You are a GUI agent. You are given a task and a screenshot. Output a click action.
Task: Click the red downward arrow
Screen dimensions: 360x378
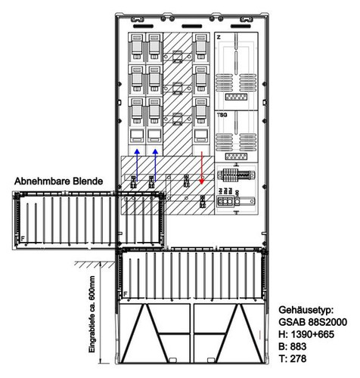(202, 168)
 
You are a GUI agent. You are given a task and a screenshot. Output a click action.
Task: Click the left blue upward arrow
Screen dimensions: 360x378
(137, 165)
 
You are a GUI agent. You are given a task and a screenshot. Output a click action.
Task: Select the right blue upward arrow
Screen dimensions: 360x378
(155, 165)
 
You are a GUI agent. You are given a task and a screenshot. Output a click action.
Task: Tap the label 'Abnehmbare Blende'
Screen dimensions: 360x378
(58, 181)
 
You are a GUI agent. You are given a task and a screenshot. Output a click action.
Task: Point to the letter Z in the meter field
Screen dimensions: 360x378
(219, 37)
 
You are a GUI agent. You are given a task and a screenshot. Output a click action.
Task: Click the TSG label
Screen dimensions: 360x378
(222, 115)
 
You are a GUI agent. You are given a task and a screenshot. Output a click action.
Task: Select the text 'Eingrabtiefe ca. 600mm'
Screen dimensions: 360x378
(92, 314)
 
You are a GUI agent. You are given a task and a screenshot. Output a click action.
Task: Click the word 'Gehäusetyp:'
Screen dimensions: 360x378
(306, 310)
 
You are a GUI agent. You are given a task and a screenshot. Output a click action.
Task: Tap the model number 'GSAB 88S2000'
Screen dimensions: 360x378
(313, 322)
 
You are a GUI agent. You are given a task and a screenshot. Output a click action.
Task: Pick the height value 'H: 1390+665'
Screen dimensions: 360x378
(306, 334)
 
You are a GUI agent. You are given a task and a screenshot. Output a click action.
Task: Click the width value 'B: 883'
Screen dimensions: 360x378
(293, 346)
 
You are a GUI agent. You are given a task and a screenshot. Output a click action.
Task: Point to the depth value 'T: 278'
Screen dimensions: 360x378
(293, 358)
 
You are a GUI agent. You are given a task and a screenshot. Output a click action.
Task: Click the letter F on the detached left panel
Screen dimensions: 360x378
(23, 238)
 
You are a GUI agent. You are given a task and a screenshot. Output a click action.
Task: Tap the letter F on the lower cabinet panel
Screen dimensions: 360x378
(126, 294)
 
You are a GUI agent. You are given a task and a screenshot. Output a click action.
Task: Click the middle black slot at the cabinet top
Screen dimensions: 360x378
(192, 26)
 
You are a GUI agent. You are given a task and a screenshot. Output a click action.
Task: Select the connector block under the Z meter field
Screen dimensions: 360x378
(236, 97)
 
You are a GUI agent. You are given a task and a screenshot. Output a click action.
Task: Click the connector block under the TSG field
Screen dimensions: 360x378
(236, 156)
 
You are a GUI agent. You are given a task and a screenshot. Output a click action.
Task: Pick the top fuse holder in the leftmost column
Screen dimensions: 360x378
(137, 48)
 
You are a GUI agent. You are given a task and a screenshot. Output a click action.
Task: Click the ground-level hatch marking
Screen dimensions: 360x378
(95, 265)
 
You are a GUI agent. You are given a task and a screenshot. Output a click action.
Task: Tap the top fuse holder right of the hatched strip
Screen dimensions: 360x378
(201, 48)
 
